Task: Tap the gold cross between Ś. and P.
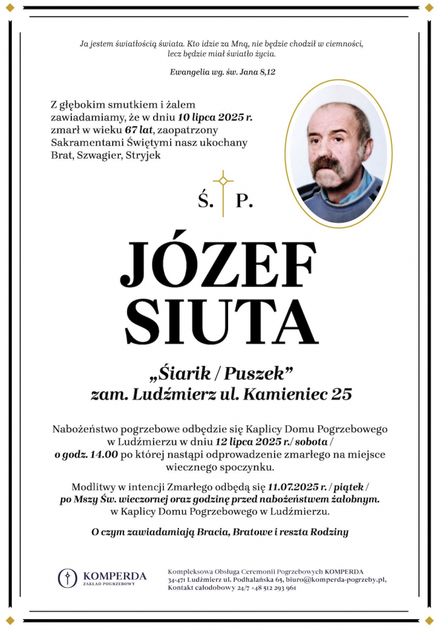click(x=223, y=192)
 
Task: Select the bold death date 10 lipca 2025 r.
click(x=198, y=117)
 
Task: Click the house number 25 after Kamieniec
click(x=342, y=395)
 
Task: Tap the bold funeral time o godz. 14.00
click(x=86, y=454)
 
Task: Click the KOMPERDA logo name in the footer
click(x=115, y=575)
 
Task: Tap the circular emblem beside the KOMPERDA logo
click(x=68, y=577)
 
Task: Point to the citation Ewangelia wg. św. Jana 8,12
click(x=222, y=72)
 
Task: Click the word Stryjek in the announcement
click(x=144, y=155)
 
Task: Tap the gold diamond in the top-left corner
click(x=9, y=9)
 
